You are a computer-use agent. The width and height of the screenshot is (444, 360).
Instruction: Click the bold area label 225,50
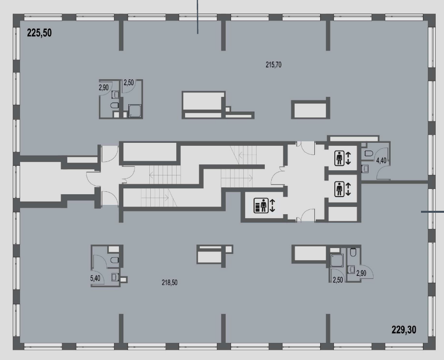(39, 33)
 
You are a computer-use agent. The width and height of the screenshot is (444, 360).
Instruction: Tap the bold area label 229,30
(404, 330)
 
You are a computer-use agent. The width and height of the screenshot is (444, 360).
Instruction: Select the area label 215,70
(274, 65)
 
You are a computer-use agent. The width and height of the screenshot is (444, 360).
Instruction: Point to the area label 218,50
(169, 282)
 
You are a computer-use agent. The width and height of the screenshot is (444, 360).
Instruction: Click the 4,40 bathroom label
(381, 160)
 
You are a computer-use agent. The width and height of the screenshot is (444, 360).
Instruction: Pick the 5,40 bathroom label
(95, 278)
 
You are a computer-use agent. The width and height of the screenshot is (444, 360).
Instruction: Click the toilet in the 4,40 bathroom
(369, 154)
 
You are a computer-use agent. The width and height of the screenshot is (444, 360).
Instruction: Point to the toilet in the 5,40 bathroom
(115, 260)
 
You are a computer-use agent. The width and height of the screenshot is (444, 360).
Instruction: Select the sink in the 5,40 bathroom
(115, 277)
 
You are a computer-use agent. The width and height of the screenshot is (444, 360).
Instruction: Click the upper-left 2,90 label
(104, 88)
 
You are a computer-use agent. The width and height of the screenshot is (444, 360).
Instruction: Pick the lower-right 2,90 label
(361, 273)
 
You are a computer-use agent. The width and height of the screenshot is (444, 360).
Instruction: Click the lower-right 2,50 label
(338, 280)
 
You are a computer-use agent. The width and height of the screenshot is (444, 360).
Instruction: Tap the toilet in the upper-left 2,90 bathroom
(114, 106)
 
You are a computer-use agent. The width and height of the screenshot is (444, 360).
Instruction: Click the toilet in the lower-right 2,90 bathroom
(353, 252)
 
